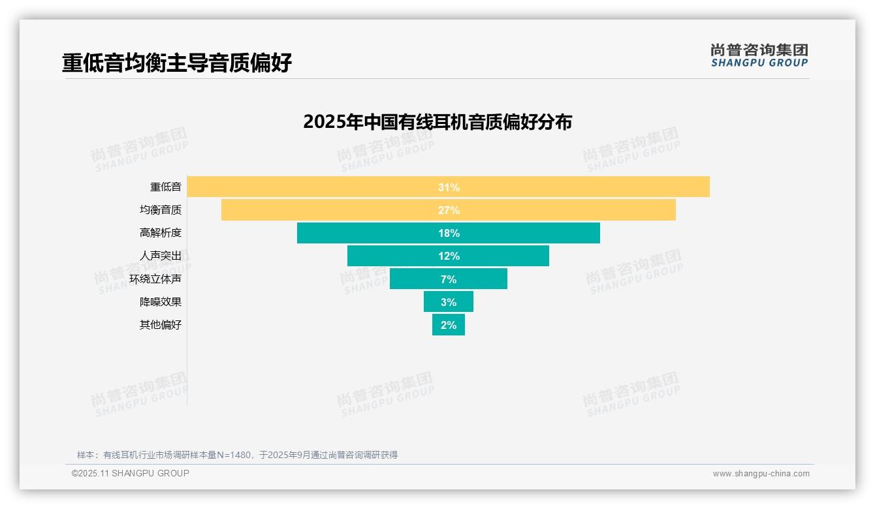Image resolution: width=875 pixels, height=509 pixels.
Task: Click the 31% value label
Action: [449, 187]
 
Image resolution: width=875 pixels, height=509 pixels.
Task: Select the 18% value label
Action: [449, 233]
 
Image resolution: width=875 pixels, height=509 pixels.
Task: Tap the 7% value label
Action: [449, 279]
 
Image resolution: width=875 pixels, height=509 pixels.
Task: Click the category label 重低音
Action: [166, 187]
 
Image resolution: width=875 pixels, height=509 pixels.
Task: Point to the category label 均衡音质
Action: [161, 210]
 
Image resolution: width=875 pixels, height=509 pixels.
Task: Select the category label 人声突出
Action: [161, 256]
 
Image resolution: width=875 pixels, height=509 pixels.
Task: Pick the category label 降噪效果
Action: [161, 302]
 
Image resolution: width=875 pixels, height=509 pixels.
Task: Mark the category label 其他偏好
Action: [161, 325]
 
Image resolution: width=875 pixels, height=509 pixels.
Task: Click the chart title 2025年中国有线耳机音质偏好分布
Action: [438, 122]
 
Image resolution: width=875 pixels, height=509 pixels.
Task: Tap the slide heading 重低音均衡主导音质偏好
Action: [177, 63]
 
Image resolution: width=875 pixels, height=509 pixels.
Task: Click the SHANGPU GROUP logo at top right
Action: [759, 55]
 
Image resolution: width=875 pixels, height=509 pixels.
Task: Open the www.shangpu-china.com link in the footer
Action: [761, 474]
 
